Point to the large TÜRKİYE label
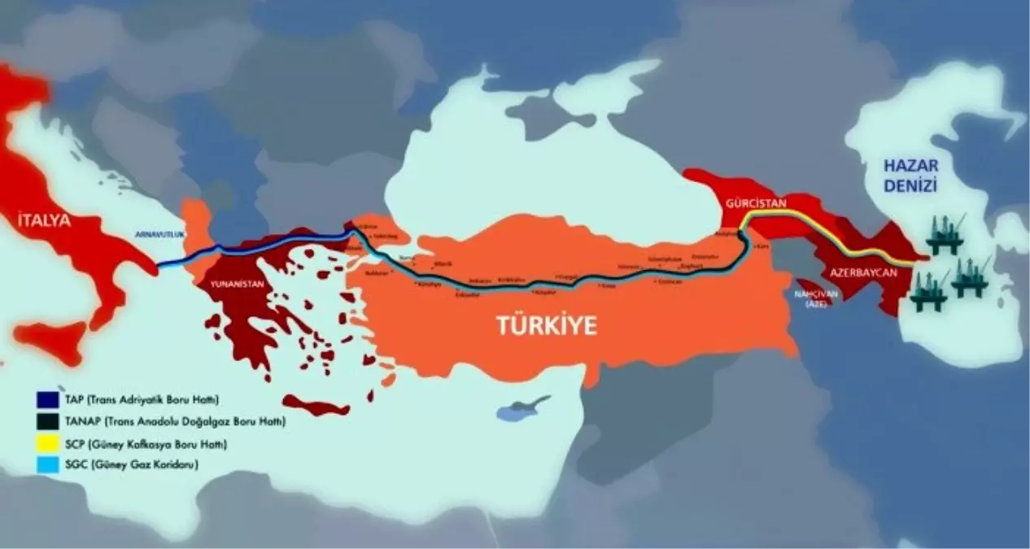(547, 326)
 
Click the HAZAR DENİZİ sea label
(911, 176)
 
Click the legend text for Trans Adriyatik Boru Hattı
(130, 399)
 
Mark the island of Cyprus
(521, 409)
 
